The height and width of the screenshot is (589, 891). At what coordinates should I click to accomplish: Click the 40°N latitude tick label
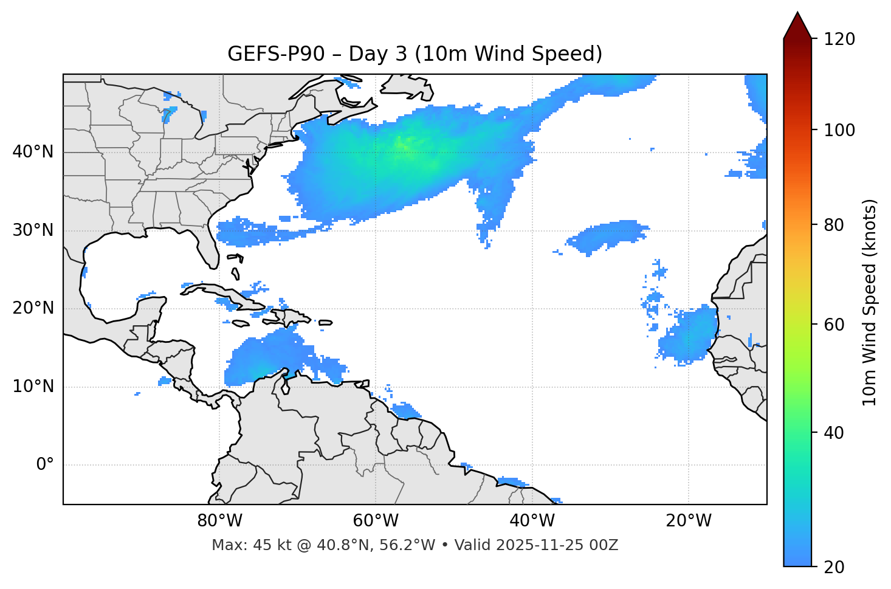pos(33,152)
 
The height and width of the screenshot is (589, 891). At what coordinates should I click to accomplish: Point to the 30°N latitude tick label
pos(33,230)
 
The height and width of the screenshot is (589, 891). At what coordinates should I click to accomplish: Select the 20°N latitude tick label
pos(33,308)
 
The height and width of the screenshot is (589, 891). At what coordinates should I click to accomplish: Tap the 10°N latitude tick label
pos(33,387)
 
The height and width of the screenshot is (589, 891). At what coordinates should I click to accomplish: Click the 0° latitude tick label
pos(45,465)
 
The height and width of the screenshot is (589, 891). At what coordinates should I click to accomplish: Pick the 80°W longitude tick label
pos(219,521)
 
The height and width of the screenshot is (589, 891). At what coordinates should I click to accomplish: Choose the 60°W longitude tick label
pos(376,521)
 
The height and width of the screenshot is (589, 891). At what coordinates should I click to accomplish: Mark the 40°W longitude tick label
pos(532,521)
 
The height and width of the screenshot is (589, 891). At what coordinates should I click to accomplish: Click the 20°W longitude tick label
pos(689,521)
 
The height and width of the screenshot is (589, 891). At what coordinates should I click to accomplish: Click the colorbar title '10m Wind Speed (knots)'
pos(870,303)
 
